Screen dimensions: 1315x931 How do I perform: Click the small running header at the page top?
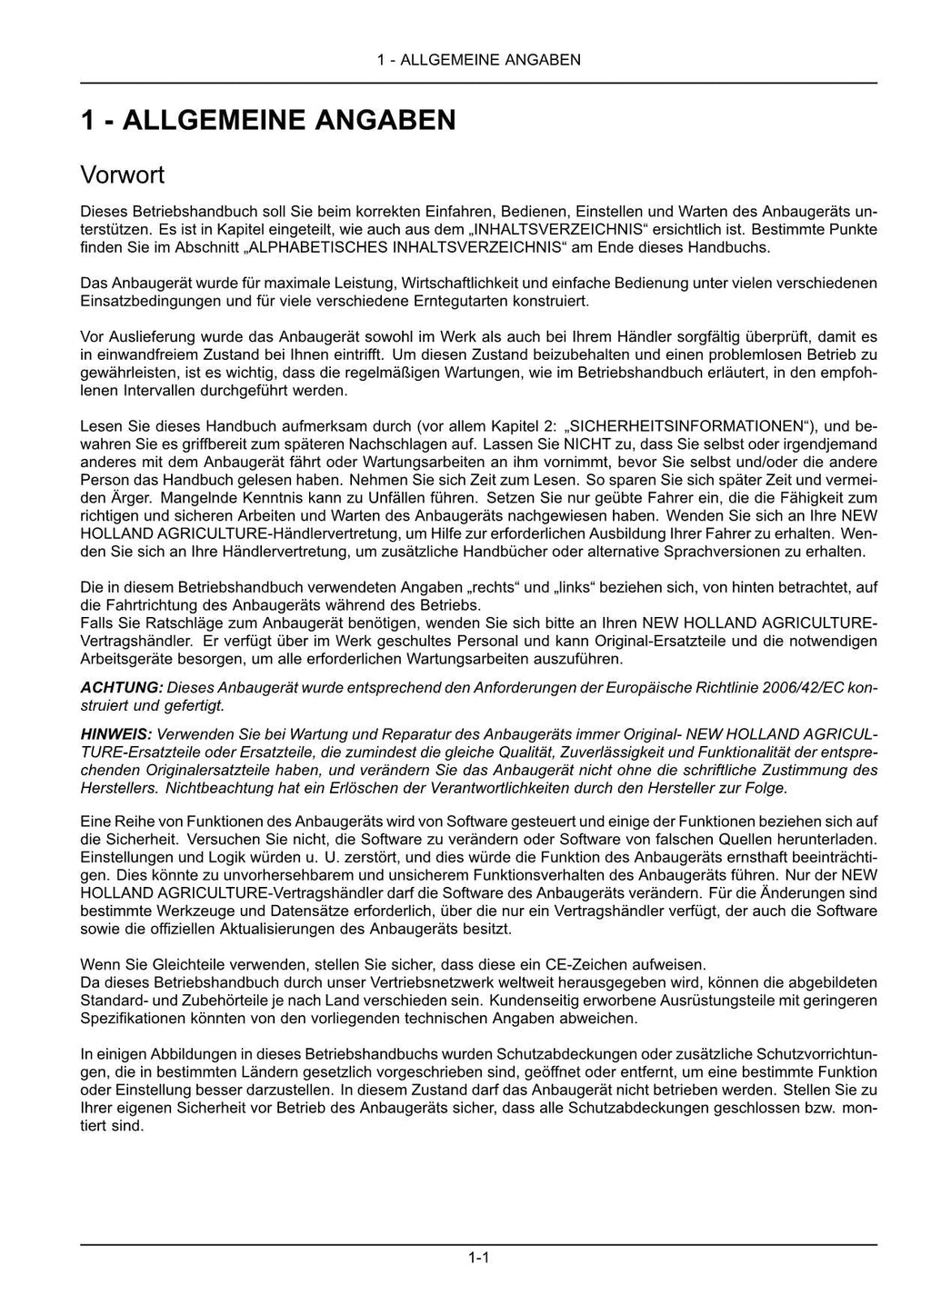point(478,60)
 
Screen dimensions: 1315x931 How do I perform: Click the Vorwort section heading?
point(122,174)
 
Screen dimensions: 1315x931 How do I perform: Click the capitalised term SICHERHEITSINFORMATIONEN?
point(690,426)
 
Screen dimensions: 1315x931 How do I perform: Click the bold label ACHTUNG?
point(122,688)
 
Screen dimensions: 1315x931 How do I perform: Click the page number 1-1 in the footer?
point(479,1258)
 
